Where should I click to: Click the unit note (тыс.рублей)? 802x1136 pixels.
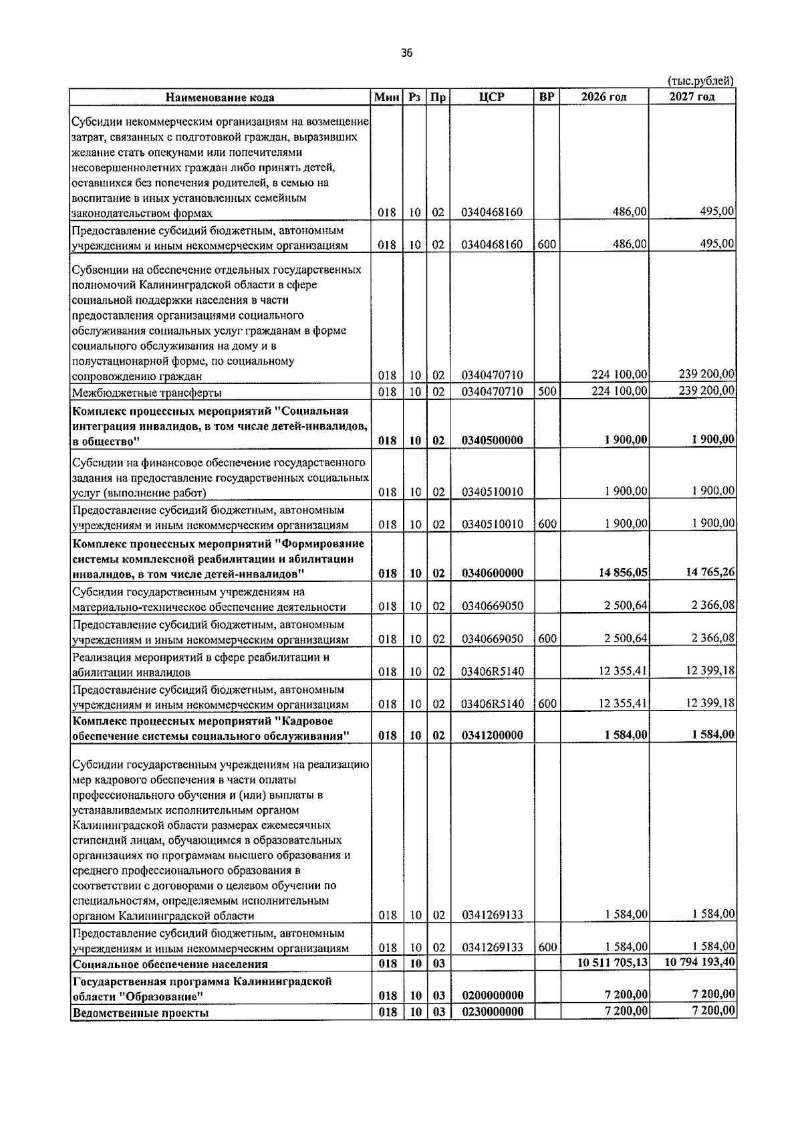(700, 81)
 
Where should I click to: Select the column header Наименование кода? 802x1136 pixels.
(220, 98)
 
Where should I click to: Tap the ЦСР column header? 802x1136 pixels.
(491, 97)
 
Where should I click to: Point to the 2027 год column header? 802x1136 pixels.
(692, 97)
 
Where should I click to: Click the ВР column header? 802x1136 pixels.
(546, 97)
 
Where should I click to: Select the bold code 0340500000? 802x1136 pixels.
(491, 440)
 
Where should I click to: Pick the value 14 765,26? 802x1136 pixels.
(710, 572)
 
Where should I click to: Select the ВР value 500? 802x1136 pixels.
(547, 391)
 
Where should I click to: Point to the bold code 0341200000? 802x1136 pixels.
(491, 735)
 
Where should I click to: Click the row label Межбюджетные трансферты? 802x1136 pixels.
(147, 393)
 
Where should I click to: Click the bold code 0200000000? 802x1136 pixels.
(491, 996)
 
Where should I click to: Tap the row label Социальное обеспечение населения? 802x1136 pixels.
(170, 964)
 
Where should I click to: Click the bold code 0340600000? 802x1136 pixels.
(491, 573)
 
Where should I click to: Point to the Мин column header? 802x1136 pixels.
(386, 97)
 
